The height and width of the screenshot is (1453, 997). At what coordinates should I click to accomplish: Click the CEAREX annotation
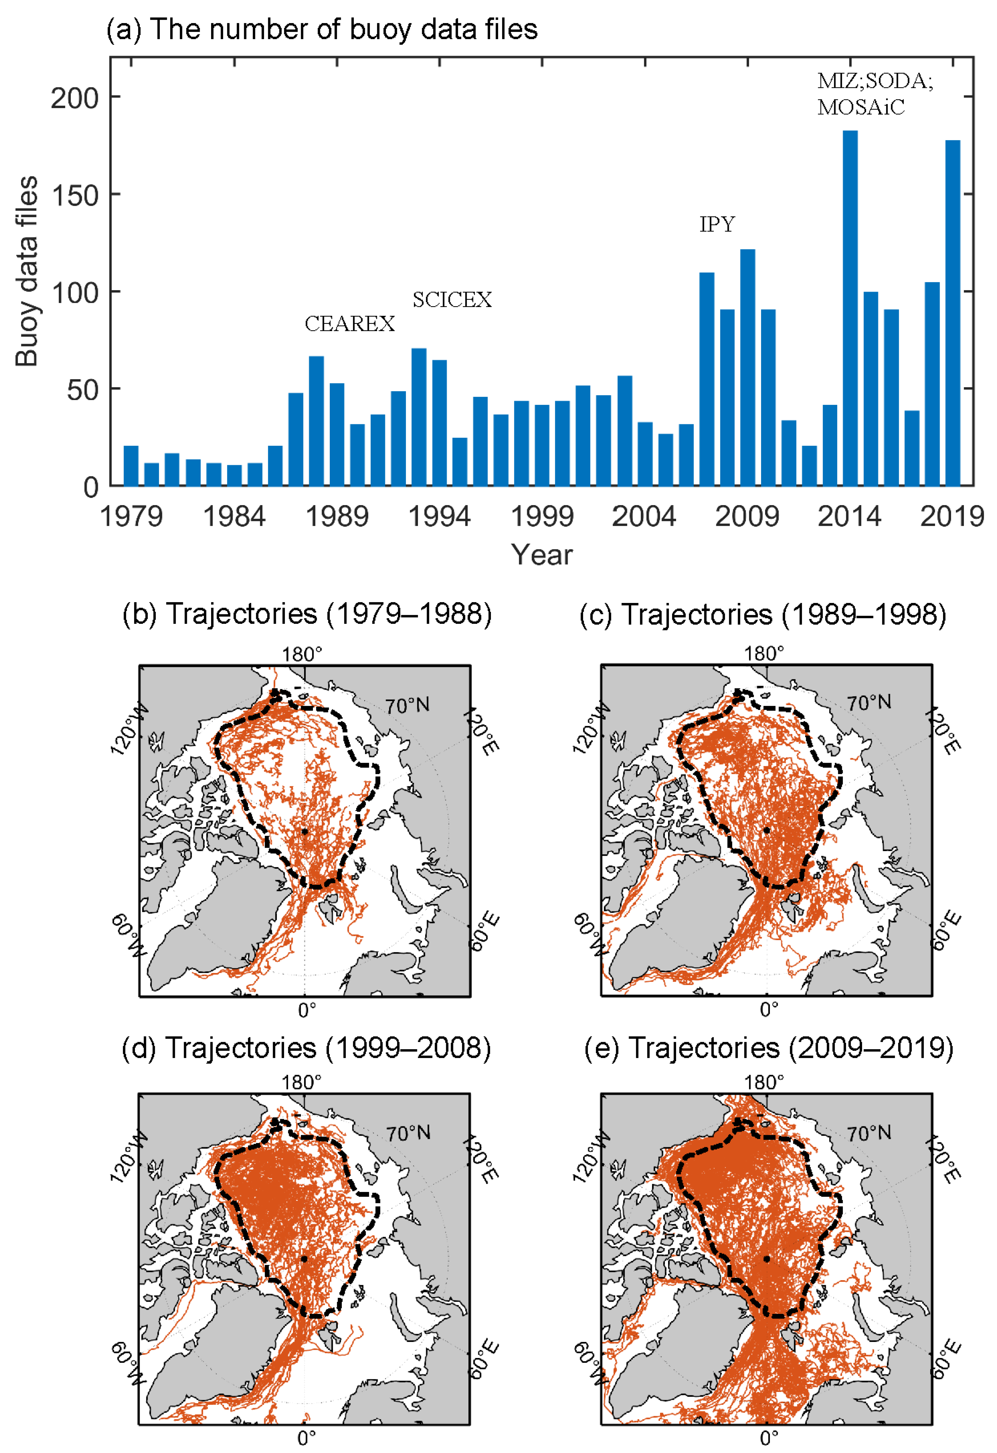pyautogui.click(x=349, y=324)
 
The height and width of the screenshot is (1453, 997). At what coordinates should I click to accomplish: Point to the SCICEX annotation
pyautogui.click(x=452, y=300)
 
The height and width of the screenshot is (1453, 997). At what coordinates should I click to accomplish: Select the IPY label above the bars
pyautogui.click(x=717, y=224)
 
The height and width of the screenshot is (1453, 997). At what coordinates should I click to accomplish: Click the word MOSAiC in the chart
pyautogui.click(x=861, y=108)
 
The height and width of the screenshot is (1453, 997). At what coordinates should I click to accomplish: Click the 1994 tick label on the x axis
pyautogui.click(x=439, y=516)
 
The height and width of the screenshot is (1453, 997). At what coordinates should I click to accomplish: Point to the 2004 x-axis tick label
pyautogui.click(x=644, y=516)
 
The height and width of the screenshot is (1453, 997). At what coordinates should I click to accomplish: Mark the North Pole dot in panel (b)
pyautogui.click(x=304, y=831)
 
